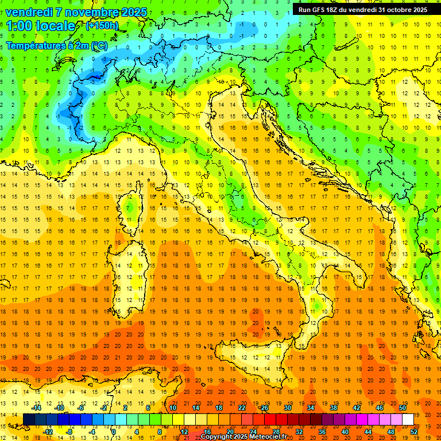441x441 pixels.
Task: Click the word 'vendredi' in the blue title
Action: tap(29, 12)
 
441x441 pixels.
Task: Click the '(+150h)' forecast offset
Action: tap(102, 26)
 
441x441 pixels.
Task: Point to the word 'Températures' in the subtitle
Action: tap(37, 45)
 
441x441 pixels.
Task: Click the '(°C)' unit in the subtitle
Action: tap(98, 45)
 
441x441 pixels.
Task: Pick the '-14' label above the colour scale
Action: tap(36, 408)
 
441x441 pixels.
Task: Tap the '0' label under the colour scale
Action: tap(114, 432)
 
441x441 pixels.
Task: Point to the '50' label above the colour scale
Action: tap(403, 408)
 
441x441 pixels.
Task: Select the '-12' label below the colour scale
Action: tap(48, 432)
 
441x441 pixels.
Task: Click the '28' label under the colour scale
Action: tap(276, 432)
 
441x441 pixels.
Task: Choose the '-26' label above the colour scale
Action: tap(264, 408)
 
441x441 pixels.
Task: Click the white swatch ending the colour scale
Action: tap(408, 419)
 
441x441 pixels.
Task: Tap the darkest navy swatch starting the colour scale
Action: tap(29, 419)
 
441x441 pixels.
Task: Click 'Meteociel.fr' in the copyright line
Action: tap(268, 437)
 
